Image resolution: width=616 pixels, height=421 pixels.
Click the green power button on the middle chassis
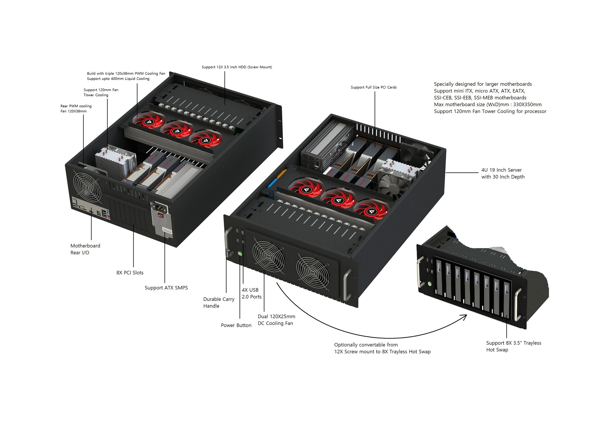pyautogui.click(x=240, y=253)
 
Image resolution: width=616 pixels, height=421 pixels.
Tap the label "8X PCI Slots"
pyautogui.click(x=130, y=272)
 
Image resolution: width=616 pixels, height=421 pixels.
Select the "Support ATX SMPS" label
pyautogui.click(x=166, y=288)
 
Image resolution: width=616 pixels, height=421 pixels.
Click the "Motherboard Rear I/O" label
pyautogui.click(x=85, y=249)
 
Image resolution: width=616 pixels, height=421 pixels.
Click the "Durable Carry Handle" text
pyautogui.click(x=219, y=303)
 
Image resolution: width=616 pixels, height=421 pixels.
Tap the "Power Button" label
pyautogui.click(x=236, y=325)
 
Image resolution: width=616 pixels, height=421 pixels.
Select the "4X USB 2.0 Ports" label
pyautogui.click(x=251, y=293)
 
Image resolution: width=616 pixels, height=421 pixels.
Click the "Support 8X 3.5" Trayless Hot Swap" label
pyautogui.click(x=514, y=346)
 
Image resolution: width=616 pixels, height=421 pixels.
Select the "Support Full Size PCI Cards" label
pyautogui.click(x=374, y=87)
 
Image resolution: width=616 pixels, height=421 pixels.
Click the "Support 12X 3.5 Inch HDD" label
pyautogui.click(x=237, y=67)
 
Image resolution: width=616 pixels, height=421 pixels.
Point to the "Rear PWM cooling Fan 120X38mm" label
pyautogui.click(x=76, y=108)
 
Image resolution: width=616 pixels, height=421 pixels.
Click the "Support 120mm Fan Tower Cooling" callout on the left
pyautogui.click(x=101, y=92)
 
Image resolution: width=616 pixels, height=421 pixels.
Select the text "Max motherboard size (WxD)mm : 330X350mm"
pyautogui.click(x=488, y=104)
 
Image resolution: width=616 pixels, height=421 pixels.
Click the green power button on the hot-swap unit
pyautogui.click(x=430, y=284)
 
